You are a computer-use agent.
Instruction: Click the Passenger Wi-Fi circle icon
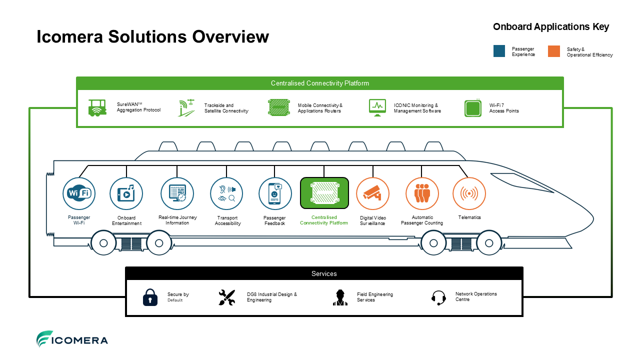[79, 193]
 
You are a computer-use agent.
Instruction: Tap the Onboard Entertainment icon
[126, 193]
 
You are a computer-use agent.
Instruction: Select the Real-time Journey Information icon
[177, 193]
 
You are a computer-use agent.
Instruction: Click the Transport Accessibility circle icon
[226, 193]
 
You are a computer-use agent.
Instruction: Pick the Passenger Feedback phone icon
[275, 193]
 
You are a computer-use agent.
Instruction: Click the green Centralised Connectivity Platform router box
[324, 193]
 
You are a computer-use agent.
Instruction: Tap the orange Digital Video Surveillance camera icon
[372, 193]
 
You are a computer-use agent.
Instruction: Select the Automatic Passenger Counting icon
[422, 193]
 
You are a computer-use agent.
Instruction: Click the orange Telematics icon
[469, 193]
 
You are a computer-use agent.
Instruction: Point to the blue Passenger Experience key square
[499, 51]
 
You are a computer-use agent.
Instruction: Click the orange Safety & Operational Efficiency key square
[553, 51]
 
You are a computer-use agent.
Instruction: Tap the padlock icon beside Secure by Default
[150, 297]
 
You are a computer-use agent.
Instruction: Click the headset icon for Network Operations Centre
[438, 297]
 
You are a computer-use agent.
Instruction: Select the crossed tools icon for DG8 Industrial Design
[227, 297]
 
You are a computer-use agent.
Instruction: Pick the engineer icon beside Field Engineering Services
[340, 297]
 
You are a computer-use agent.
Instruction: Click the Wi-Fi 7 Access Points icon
[473, 108]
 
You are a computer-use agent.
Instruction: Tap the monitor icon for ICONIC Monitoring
[377, 107]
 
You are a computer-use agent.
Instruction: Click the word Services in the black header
[324, 273]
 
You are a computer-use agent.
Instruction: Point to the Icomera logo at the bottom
[72, 339]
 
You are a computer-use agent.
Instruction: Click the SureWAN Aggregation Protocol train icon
[97, 107]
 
